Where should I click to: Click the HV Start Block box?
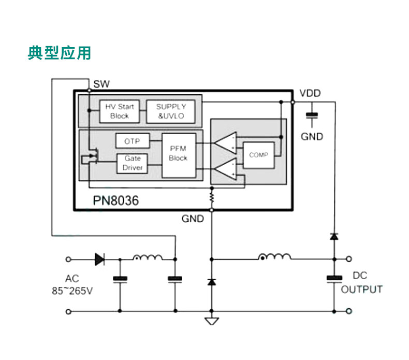coord(119,111)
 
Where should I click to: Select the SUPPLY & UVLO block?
coord(171,111)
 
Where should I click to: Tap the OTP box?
coord(132,141)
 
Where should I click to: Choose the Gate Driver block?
coord(132,163)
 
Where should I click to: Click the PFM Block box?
coord(179,154)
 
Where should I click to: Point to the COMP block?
coord(258,154)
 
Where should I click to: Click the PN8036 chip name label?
coord(116,200)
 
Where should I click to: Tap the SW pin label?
coord(101,84)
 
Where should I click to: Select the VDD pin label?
coord(310,93)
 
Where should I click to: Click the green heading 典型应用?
coord(59,53)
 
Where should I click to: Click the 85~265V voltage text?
coord(72,291)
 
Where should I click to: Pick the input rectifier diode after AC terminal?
coord(99,259)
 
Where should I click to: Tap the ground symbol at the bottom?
coord(211,321)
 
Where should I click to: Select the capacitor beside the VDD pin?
coord(312,116)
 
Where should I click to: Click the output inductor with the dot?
coord(274,257)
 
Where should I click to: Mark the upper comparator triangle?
coord(226,143)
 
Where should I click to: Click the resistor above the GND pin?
coord(211,196)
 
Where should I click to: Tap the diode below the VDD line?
coord(334,237)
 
